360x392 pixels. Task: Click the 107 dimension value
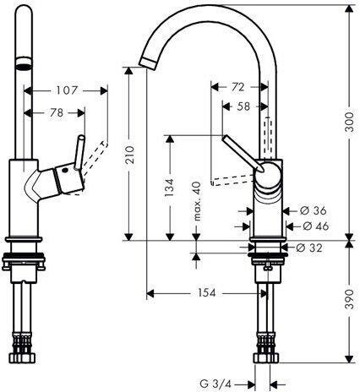67,90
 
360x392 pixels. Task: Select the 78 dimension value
57,113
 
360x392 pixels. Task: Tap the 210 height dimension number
130,155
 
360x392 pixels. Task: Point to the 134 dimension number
170,188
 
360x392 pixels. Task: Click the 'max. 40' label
198,201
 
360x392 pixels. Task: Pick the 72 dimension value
237,87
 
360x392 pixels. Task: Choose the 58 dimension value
243,106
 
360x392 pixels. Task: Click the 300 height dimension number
349,122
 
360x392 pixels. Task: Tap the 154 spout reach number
206,293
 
